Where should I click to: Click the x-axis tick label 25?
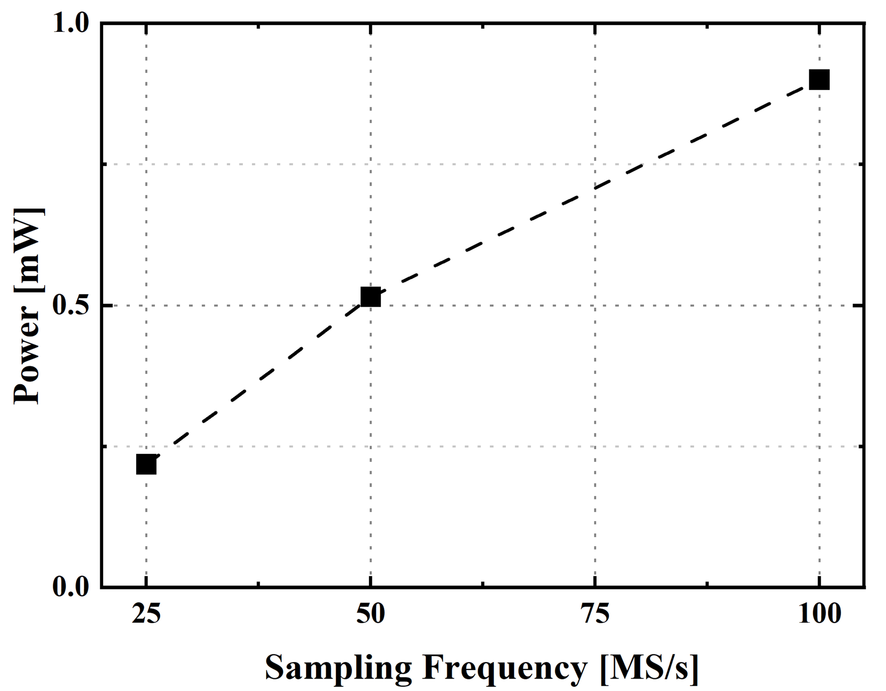coord(146,614)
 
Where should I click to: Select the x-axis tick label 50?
coord(370,614)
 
